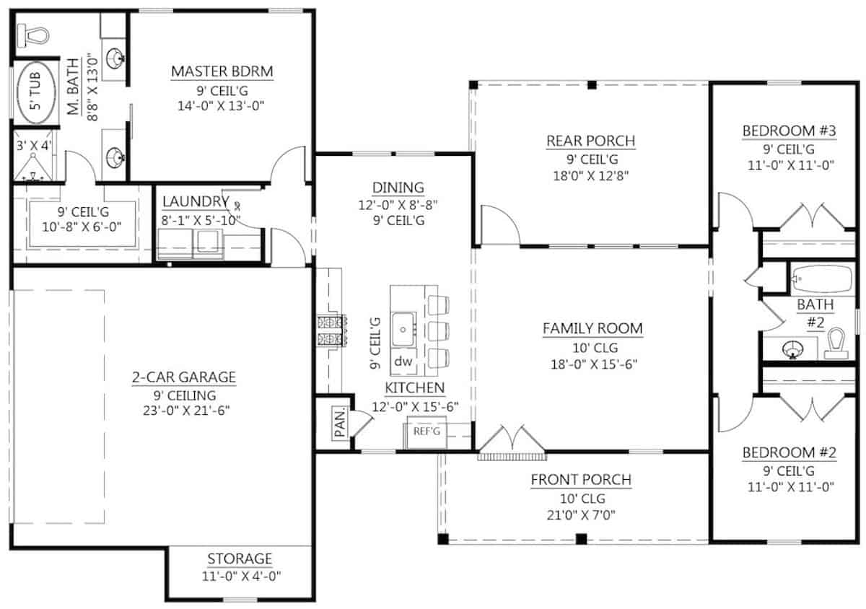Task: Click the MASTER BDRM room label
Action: pos(222,71)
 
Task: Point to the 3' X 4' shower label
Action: pos(35,146)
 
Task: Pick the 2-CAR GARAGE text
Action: pos(183,377)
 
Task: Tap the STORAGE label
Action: pos(240,558)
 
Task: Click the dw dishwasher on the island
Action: pos(402,362)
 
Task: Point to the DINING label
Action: pos(394,188)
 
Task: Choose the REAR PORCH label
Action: pos(590,141)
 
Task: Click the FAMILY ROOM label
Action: pos(592,328)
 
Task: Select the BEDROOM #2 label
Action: pos(789,453)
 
